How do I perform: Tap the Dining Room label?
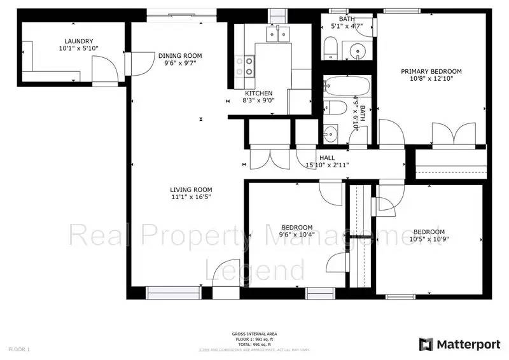pyautogui.click(x=179, y=55)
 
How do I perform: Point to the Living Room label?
pyautogui.click(x=191, y=190)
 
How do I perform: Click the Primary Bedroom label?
pyautogui.click(x=431, y=71)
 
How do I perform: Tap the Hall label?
pyautogui.click(x=327, y=158)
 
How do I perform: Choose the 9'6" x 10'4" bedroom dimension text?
pyautogui.click(x=296, y=235)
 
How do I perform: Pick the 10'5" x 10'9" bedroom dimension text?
pyautogui.click(x=429, y=239)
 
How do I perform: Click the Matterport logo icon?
pyautogui.click(x=426, y=344)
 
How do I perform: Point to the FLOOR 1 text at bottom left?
pyautogui.click(x=19, y=349)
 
